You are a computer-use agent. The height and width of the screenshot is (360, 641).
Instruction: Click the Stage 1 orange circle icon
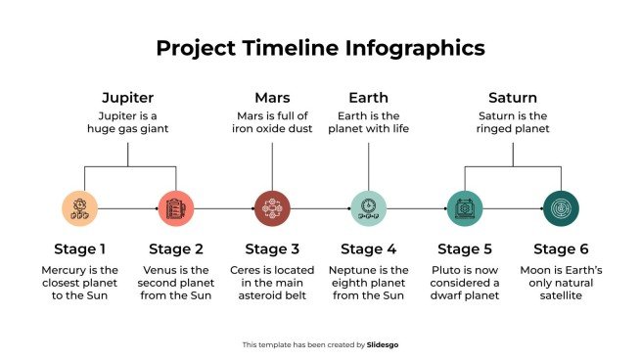pos(80,208)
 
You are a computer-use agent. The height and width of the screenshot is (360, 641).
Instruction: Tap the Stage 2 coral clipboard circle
pos(176,208)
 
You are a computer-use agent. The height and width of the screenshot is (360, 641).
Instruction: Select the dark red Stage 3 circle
pos(272,208)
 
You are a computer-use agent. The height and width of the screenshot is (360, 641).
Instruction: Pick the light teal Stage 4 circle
pos(368,208)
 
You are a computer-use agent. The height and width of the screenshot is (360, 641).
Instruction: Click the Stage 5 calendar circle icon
pos(464,208)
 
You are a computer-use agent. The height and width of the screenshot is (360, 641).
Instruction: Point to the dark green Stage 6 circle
pos(561,208)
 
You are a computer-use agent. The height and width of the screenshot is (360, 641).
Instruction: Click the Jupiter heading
pos(128,98)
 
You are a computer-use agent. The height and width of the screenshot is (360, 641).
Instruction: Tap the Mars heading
pos(272,98)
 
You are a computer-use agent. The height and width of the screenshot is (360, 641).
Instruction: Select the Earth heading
pos(368,98)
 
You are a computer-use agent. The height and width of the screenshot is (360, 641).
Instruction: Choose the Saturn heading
pos(512,98)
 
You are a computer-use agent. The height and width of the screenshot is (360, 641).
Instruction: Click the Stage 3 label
pos(272,248)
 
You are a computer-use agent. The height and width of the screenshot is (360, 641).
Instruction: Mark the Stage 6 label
pos(561,248)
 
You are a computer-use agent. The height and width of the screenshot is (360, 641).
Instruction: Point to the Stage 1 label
pos(80,248)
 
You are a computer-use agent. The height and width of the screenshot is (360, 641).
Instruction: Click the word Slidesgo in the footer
pos(383,344)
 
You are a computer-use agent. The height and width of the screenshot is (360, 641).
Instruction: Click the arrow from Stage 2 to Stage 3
pos(224,208)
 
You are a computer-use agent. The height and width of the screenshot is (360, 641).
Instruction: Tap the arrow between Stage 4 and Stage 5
pos(416,208)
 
